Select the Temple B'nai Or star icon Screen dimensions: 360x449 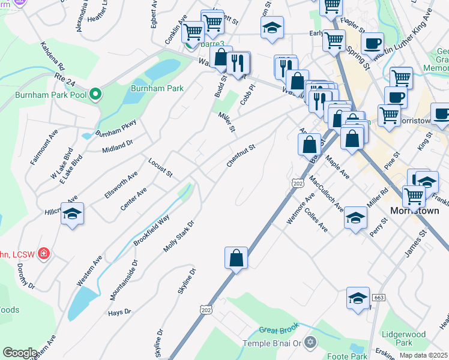click(x=310, y=343)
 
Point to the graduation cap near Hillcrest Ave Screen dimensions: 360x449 click(x=72, y=214)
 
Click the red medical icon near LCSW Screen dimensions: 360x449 click(x=44, y=254)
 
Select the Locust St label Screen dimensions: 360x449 click(x=160, y=168)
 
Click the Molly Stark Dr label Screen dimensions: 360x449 click(x=179, y=236)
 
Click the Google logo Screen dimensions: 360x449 click(x=20, y=353)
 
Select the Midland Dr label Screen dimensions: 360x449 click(x=117, y=147)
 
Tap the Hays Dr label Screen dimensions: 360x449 click(x=119, y=313)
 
